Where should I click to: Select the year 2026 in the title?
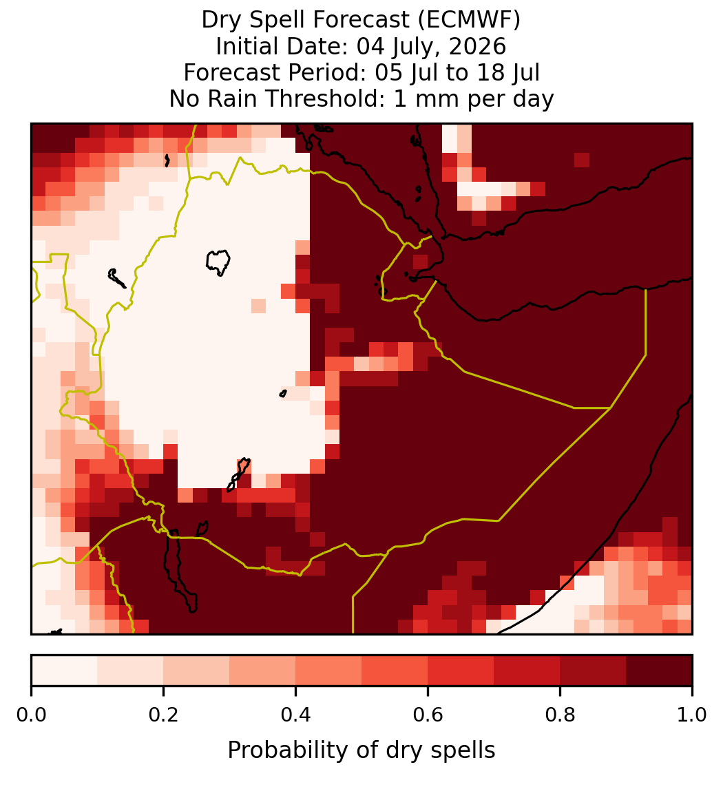pyautogui.click(x=477, y=47)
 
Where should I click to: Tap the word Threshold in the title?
pyautogui.click(x=324, y=98)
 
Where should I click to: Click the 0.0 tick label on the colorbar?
pyautogui.click(x=31, y=715)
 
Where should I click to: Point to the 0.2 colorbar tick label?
pyautogui.click(x=163, y=715)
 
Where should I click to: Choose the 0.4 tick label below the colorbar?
pyautogui.click(x=296, y=715)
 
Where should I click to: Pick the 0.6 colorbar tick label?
pyautogui.click(x=428, y=715)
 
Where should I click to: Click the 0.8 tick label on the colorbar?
pyautogui.click(x=560, y=715)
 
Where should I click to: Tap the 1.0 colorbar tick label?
pyautogui.click(x=692, y=715)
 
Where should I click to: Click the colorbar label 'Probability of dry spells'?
pyautogui.click(x=361, y=750)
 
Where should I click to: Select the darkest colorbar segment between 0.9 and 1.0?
pyautogui.click(x=659, y=671)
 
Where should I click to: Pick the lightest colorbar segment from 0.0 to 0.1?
pyautogui.click(x=65, y=671)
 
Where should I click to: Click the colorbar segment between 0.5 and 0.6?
pyautogui.click(x=395, y=671)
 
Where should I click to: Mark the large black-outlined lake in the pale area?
pyautogui.click(x=218, y=262)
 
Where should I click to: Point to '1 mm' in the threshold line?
pyautogui.click(x=427, y=98)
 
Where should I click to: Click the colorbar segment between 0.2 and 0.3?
pyautogui.click(x=196, y=671)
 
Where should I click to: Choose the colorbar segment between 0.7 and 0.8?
pyautogui.click(x=527, y=671)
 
